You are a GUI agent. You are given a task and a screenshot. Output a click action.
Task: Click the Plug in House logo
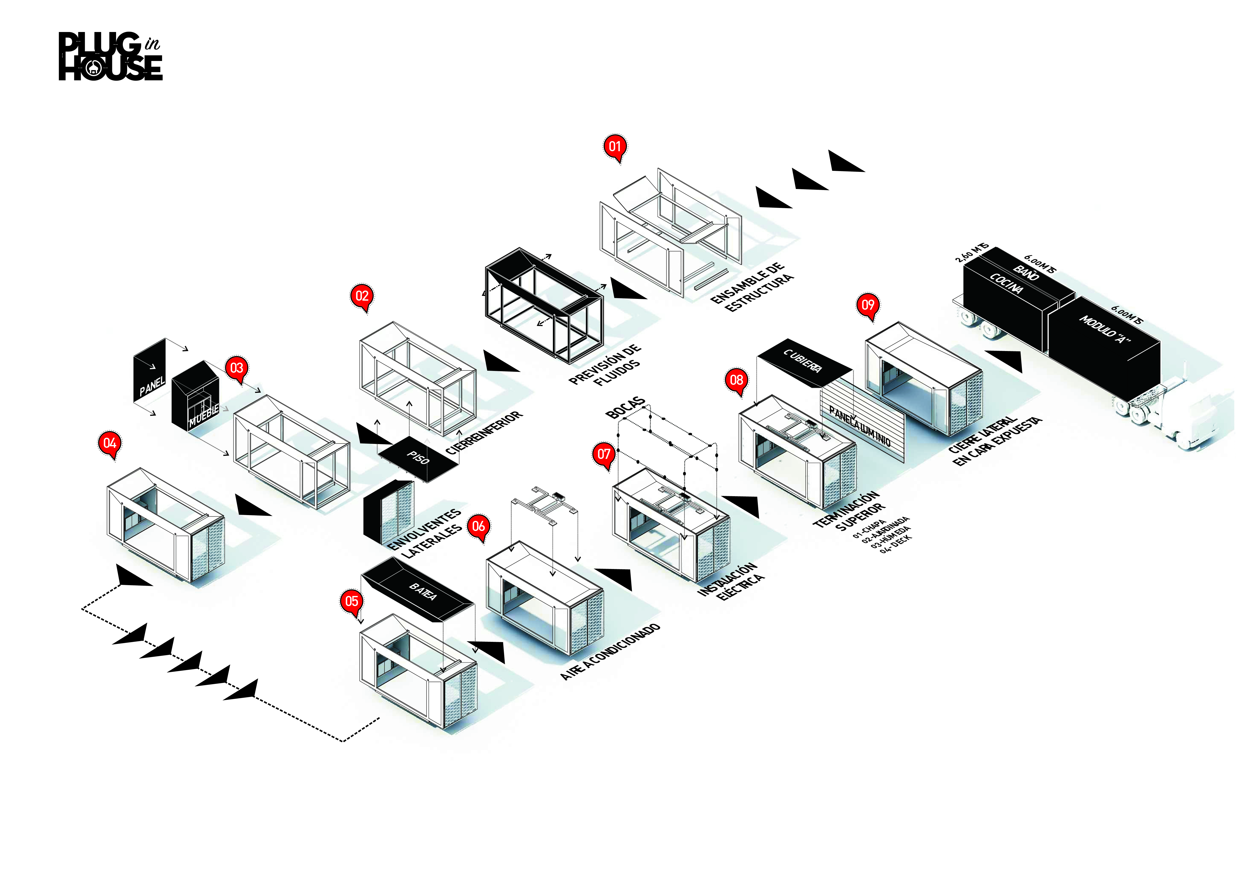coord(111,57)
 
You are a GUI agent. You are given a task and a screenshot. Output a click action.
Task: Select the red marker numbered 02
coord(362,296)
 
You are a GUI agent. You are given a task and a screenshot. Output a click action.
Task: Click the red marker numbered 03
coord(237,368)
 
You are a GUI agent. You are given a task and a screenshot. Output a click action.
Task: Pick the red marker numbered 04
coord(110,443)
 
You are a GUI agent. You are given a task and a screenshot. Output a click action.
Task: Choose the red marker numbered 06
coord(478,526)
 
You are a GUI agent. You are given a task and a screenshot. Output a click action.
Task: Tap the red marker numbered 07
coord(604,454)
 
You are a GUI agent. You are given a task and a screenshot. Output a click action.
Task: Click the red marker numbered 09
coord(868,305)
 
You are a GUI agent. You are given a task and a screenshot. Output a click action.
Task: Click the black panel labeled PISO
coord(418,458)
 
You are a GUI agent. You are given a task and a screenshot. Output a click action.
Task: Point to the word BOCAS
coord(626,408)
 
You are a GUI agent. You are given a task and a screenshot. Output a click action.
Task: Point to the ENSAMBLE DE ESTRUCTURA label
coord(752,287)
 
